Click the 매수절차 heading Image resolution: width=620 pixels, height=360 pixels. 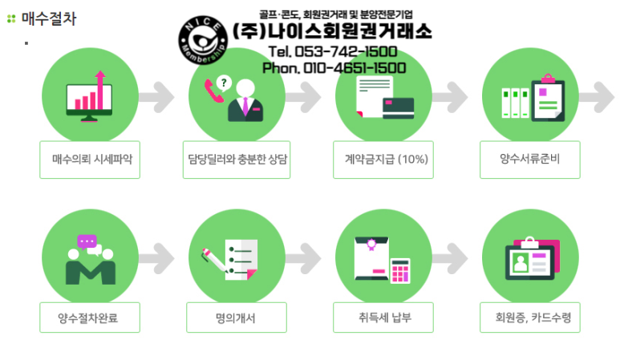[x=49, y=18]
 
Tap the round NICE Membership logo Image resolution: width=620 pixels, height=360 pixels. [x=203, y=39]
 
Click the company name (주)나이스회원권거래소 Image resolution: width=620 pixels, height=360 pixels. [x=332, y=31]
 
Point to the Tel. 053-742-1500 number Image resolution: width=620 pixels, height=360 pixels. [x=332, y=52]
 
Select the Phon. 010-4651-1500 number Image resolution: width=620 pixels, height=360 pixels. [x=334, y=67]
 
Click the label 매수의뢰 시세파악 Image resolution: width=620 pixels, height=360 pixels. [x=91, y=160]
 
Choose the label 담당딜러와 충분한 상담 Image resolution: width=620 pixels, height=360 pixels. [x=237, y=160]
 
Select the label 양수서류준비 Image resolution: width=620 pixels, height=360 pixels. [x=529, y=160]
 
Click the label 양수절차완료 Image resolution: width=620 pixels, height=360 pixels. [x=90, y=318]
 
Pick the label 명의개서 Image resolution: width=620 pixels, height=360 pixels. [x=237, y=318]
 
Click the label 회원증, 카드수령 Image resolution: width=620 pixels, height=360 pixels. [x=529, y=318]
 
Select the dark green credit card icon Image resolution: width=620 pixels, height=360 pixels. [x=399, y=105]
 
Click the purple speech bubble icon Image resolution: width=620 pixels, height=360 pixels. [x=87, y=241]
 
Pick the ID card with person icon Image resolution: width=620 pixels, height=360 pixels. [x=529, y=261]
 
